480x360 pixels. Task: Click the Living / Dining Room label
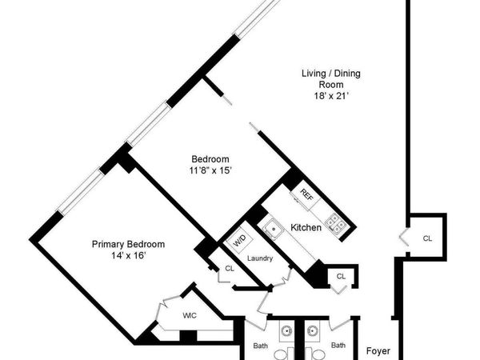click(330, 78)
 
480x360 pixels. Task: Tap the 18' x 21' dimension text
click(330, 96)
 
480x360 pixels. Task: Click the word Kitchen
click(306, 228)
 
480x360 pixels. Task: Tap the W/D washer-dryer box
click(238, 239)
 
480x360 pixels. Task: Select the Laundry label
click(260, 258)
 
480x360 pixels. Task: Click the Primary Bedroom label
click(128, 244)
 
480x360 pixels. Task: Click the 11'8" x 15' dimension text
click(210, 170)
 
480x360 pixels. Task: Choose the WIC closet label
click(190, 315)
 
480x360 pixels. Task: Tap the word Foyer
click(378, 350)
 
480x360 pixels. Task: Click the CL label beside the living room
click(427, 238)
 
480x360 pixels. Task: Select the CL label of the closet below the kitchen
click(341, 276)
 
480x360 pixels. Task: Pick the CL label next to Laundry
click(230, 269)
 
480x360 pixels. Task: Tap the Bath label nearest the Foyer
click(338, 346)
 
